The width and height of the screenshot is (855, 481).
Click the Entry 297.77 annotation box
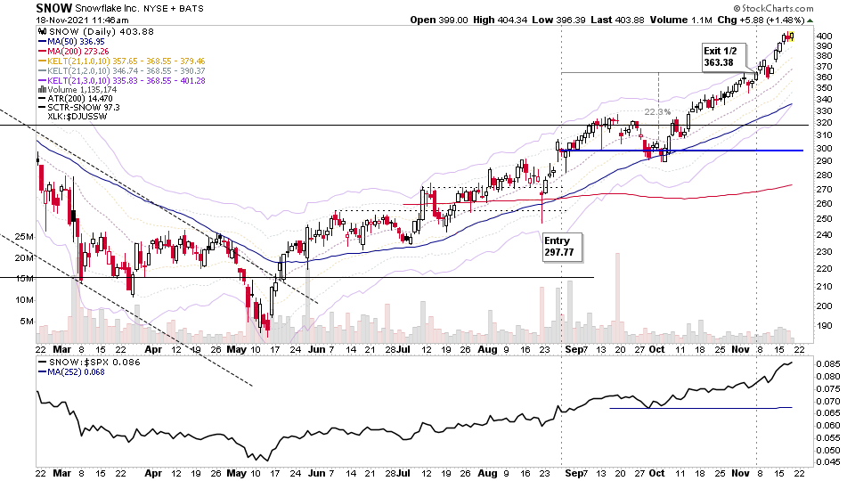562,246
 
